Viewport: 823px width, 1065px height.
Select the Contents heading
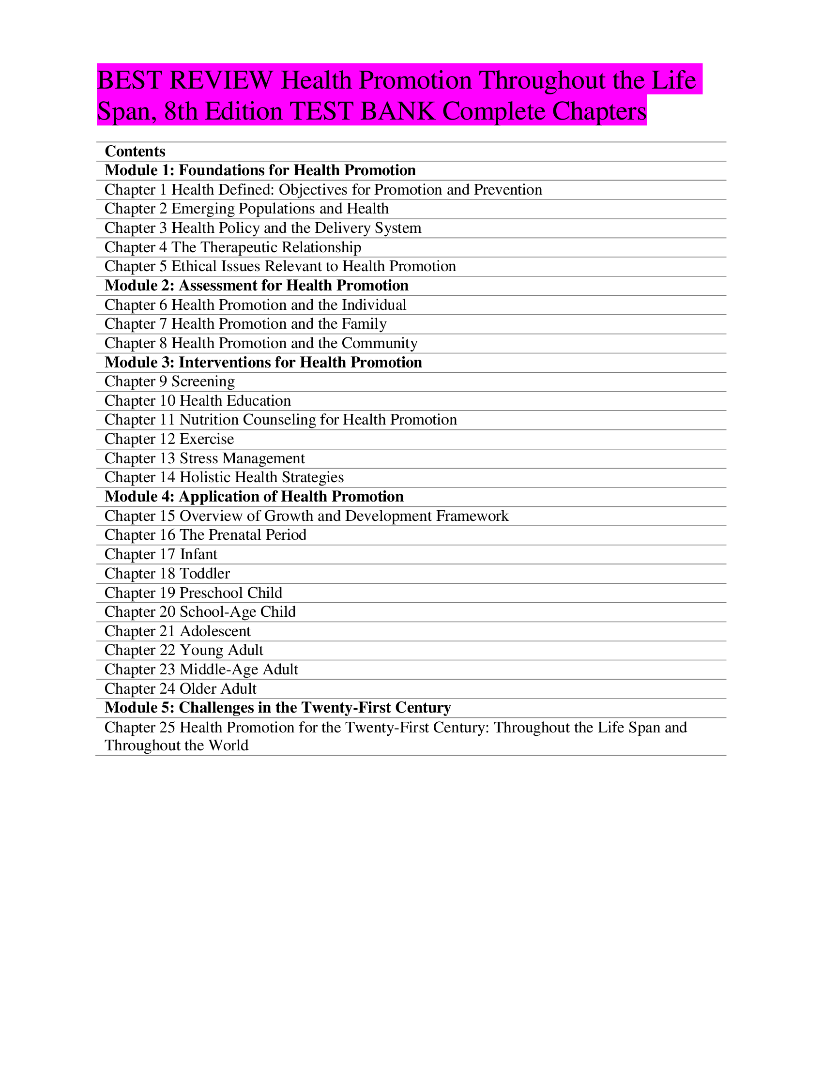point(135,151)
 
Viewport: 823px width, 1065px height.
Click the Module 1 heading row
point(260,170)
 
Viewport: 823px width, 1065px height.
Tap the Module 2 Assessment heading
point(257,285)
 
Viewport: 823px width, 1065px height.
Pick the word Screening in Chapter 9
point(203,381)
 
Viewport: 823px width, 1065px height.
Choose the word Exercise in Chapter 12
point(207,439)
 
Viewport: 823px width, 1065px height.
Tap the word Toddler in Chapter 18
point(205,574)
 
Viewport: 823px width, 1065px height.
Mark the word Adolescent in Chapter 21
point(215,631)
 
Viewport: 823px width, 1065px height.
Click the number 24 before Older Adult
point(167,688)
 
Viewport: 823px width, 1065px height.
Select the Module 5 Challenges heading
point(278,708)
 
